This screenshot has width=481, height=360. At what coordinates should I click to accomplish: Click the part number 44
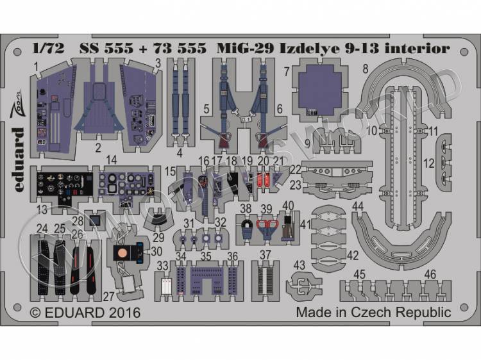click(x=359, y=206)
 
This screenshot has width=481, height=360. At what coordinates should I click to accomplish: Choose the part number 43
click(x=299, y=264)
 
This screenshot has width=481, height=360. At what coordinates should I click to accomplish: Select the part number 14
click(x=112, y=159)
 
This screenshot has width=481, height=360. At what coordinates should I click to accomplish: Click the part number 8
click(x=364, y=67)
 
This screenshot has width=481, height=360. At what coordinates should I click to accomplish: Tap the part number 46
click(x=430, y=274)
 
